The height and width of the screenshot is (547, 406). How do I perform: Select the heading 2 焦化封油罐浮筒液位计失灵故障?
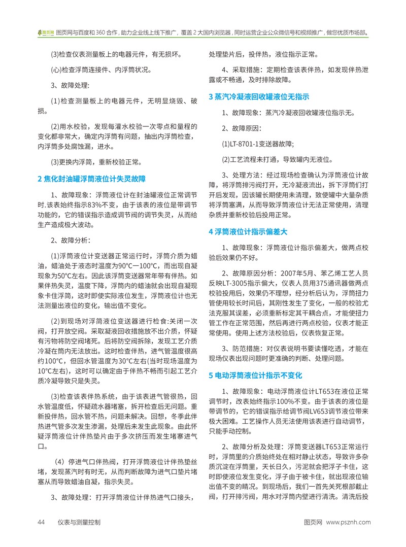[x=92, y=179]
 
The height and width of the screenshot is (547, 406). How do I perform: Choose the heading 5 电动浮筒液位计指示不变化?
[x=255, y=375]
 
